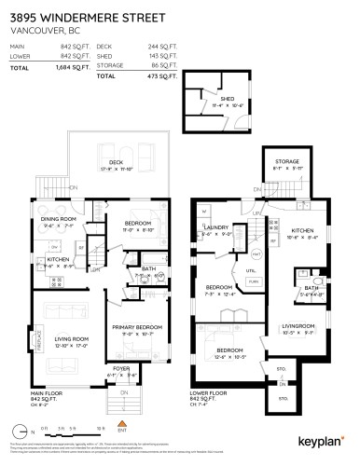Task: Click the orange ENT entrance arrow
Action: (x=118, y=425)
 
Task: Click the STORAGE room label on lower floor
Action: (x=286, y=161)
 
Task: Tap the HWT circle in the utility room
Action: (x=230, y=253)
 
